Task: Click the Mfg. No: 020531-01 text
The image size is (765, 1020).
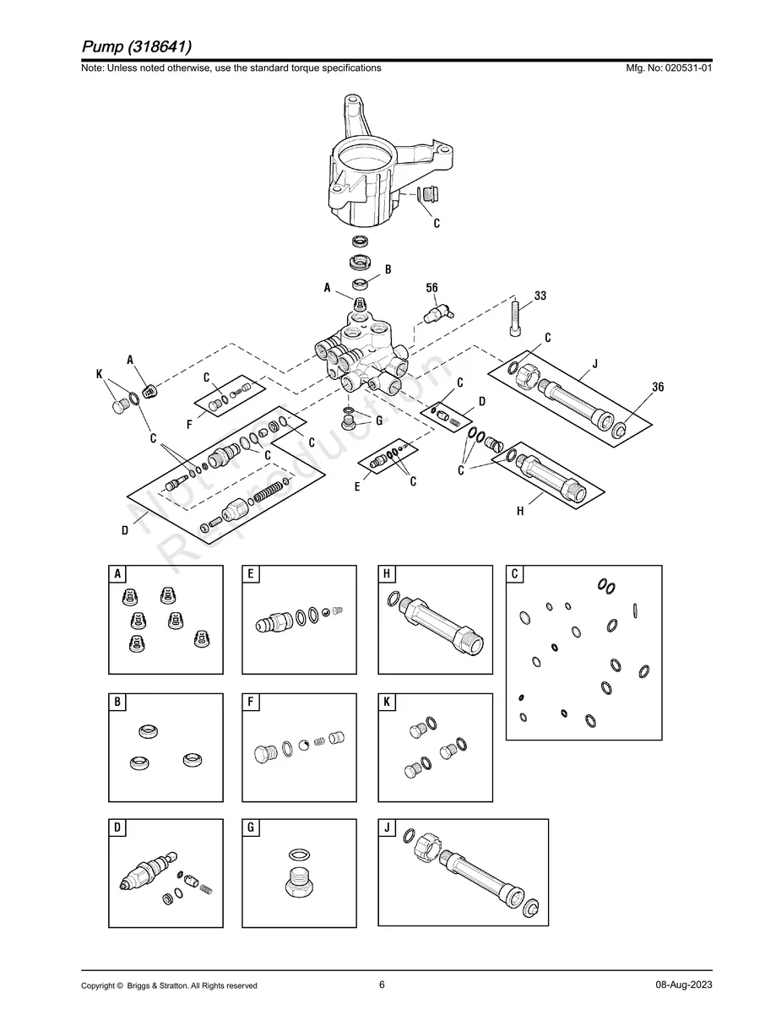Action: (665, 68)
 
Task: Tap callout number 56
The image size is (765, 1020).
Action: (431, 288)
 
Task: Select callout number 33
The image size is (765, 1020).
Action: (540, 296)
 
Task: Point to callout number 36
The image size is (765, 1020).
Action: (658, 387)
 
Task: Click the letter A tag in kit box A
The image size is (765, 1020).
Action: (117, 574)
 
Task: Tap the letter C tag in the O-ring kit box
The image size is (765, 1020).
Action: (515, 574)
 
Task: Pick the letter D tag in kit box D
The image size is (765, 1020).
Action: (117, 827)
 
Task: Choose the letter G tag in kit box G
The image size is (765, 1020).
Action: (251, 827)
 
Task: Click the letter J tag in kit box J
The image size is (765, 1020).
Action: (387, 827)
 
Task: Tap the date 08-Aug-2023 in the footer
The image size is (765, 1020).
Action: (683, 985)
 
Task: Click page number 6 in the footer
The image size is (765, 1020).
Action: (382, 985)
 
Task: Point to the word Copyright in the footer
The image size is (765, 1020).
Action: (98, 986)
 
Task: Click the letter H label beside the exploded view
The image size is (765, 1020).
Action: (520, 511)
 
